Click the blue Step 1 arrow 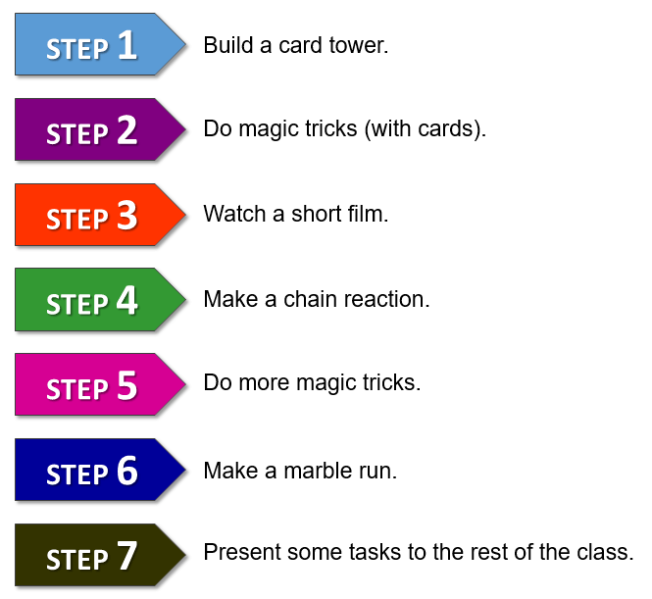pos(100,44)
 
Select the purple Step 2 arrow pos(100,129)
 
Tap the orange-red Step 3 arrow pos(100,215)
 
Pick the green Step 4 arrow pos(100,299)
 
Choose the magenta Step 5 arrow pos(100,384)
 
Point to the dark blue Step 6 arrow pos(100,470)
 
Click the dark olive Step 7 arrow pos(100,555)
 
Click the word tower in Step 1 pos(359,45)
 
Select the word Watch pos(234,214)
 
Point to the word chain pos(310,299)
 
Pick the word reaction pos(386,299)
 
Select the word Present pos(242,553)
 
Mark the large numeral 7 pos(126,555)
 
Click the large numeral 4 pos(126,300)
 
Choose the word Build pos(228,45)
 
